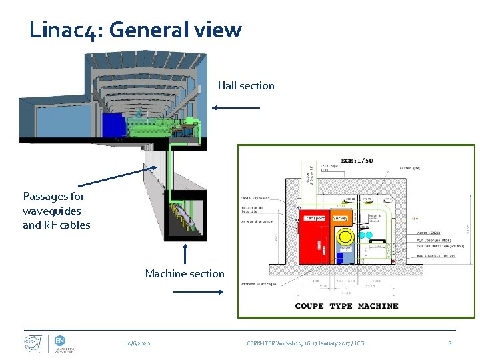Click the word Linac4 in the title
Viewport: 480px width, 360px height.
click(64, 30)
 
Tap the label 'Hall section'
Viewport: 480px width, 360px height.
click(246, 85)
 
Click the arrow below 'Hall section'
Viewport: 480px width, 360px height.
click(236, 107)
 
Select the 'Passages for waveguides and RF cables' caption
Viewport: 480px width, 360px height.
click(56, 211)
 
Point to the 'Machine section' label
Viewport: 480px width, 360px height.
click(185, 273)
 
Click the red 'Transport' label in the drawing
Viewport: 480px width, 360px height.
click(314, 218)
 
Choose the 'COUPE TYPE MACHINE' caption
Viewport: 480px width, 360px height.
click(347, 306)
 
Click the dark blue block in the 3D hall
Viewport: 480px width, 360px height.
click(113, 125)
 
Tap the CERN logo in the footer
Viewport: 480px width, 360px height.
click(31, 343)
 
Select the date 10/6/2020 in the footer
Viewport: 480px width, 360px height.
click(137, 343)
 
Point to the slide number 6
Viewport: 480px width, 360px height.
click(450, 343)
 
